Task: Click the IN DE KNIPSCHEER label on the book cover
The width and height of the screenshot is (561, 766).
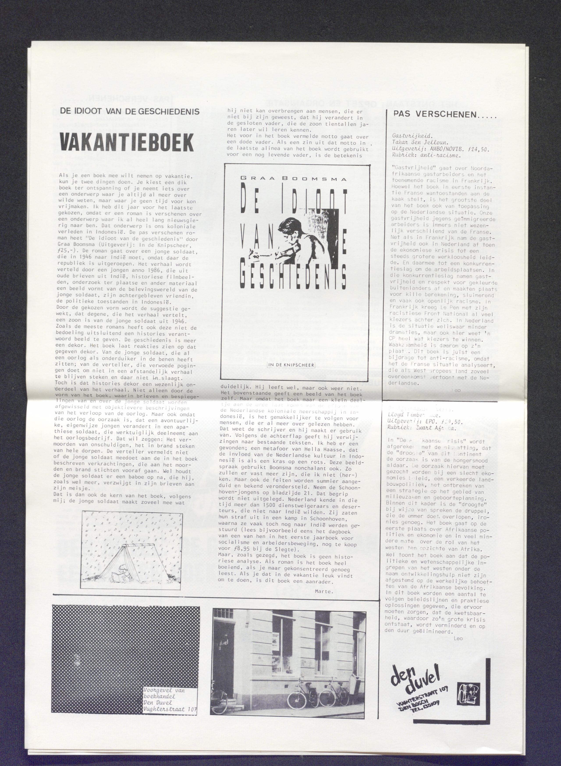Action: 291,365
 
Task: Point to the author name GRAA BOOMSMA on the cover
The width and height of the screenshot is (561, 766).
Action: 294,179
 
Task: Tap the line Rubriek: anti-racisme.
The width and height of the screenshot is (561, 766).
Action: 426,156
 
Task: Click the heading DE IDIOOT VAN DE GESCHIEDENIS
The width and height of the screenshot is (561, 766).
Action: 130,111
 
